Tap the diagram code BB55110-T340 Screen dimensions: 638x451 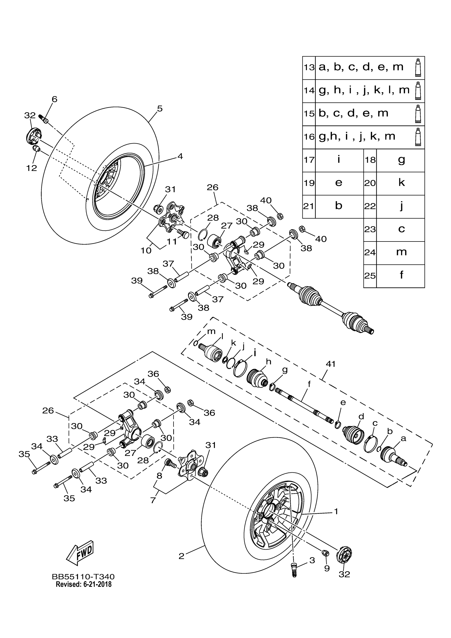(x=83, y=577)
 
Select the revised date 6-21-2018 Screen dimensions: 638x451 (x=84, y=584)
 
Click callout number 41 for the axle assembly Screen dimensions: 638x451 (x=331, y=364)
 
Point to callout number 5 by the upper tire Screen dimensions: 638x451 (x=159, y=108)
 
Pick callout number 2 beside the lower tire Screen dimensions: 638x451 (x=181, y=556)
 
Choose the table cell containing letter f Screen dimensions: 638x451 (x=401, y=275)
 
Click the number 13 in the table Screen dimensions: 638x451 (x=309, y=67)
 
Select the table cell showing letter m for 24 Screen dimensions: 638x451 (x=401, y=252)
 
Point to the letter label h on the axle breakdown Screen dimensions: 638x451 (x=268, y=362)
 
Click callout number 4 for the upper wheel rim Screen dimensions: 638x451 (x=180, y=156)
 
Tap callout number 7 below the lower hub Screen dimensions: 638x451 (x=153, y=500)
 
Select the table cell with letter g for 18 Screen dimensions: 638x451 (x=401, y=160)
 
